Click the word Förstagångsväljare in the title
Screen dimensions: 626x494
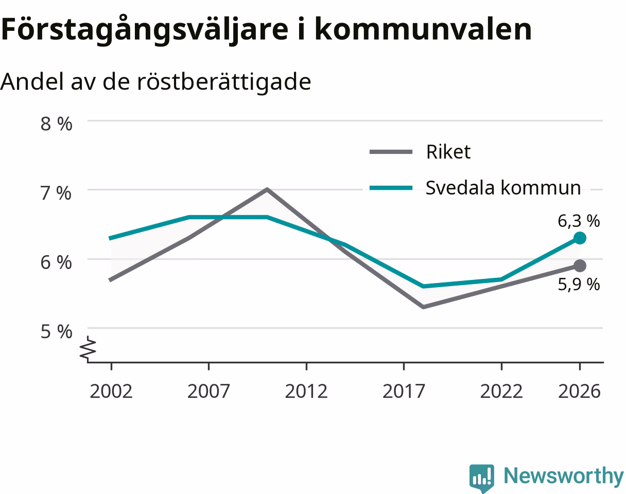(145, 30)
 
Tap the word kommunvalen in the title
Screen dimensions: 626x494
(423, 29)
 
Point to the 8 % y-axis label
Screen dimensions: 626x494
(56, 124)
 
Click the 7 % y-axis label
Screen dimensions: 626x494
(56, 193)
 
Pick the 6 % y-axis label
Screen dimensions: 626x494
(56, 262)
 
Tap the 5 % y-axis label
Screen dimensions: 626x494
(56, 331)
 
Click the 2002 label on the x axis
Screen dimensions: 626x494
(111, 392)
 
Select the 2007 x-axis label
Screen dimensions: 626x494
(208, 392)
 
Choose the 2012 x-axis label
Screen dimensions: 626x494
(306, 392)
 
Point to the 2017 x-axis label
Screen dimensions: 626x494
(404, 392)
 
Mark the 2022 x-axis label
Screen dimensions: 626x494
(501, 392)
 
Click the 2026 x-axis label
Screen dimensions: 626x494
(580, 392)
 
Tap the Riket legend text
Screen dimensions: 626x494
(448, 152)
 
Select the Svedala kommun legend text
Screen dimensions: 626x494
(503, 187)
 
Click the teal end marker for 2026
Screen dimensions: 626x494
(580, 238)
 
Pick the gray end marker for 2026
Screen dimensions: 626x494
(580, 266)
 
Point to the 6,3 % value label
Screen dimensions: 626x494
(579, 221)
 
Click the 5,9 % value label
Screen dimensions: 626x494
(579, 285)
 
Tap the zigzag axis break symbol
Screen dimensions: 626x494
(88, 349)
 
